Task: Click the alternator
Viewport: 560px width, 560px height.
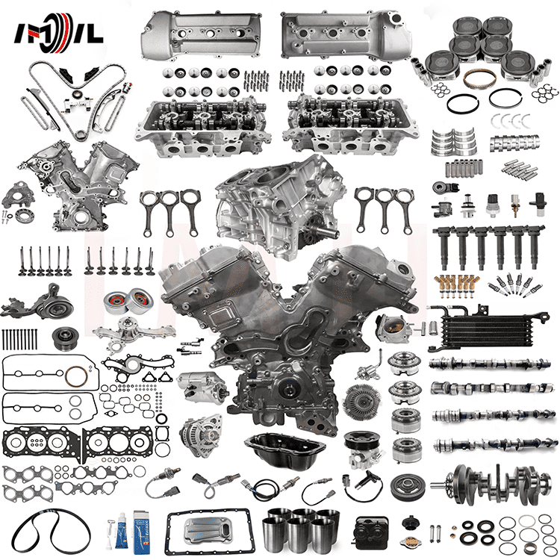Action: (x=202, y=432)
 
